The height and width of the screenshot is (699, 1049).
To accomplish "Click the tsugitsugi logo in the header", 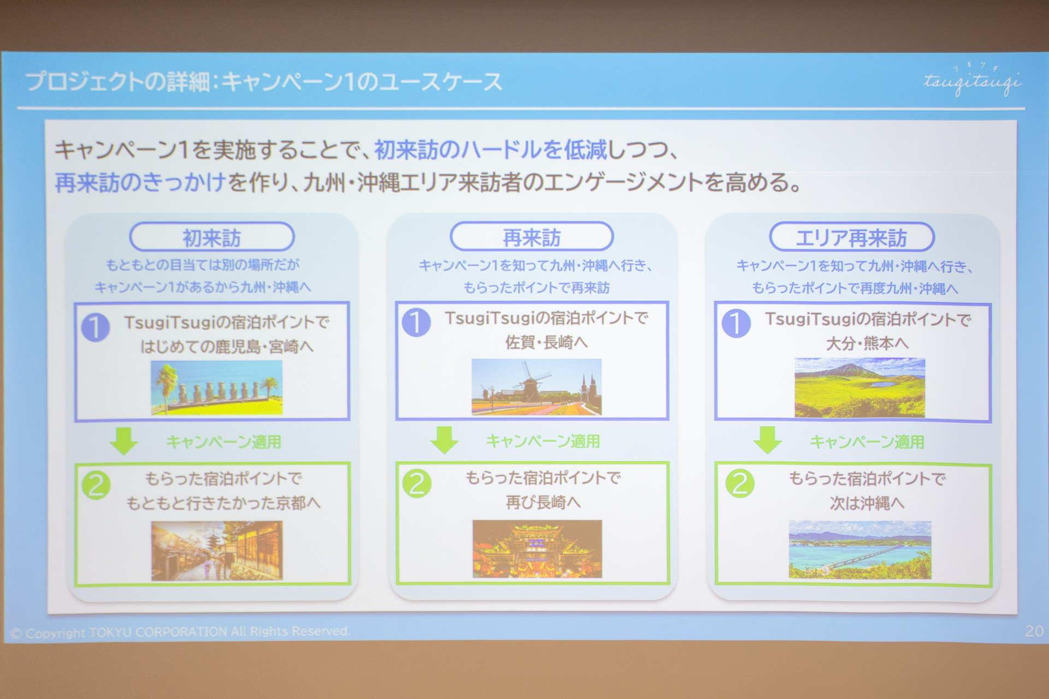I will click(971, 82).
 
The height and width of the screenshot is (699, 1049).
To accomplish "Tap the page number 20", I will click(1034, 631).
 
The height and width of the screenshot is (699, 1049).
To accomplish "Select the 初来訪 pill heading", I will click(212, 238).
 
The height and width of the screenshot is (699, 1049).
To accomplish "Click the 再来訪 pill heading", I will click(532, 238).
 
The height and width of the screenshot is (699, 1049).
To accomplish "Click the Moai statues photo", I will click(217, 387).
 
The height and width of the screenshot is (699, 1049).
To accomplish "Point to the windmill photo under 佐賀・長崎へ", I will click(537, 387).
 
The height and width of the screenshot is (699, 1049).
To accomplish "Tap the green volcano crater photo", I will click(859, 387).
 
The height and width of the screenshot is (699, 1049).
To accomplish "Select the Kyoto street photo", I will click(217, 550).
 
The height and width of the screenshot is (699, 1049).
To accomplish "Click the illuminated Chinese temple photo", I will click(537, 549).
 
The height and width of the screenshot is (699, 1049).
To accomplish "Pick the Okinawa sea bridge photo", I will click(859, 549).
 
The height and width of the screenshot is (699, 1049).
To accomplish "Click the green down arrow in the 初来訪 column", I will click(124, 440).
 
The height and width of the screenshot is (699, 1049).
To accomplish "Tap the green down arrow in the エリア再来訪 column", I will click(767, 440).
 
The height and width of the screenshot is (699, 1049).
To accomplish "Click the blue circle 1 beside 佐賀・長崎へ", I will click(416, 322).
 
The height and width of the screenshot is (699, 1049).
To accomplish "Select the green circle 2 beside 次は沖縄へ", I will click(739, 483).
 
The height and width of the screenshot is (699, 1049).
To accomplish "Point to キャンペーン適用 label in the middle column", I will click(543, 441).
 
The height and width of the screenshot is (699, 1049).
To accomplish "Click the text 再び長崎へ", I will click(543, 502).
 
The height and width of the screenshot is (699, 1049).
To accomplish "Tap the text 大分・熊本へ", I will click(867, 343).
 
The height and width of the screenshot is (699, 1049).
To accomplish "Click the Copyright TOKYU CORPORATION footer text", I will click(180, 632).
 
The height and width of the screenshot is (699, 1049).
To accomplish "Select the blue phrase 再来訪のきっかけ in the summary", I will click(140, 182).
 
